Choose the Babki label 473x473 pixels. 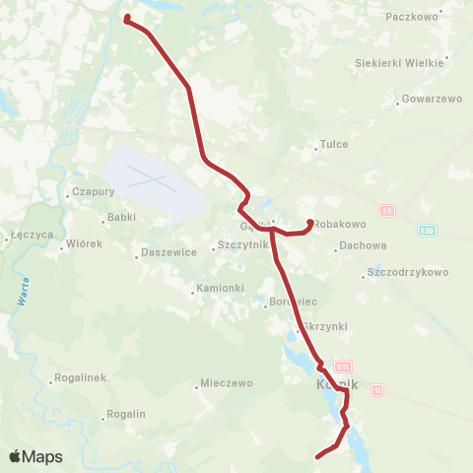coord(121,217)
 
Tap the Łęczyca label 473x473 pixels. coord(24,235)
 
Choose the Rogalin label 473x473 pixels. coord(126,415)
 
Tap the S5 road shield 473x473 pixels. coord(387,211)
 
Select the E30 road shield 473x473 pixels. coord(425,231)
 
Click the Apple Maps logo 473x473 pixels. coord(35,456)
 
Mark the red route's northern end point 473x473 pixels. coord(127,17)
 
